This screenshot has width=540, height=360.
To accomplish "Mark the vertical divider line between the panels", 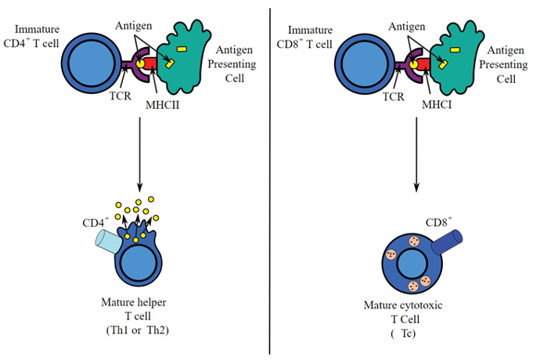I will coord(270,180).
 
